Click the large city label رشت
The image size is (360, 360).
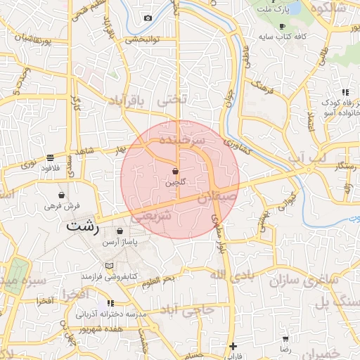[82, 227]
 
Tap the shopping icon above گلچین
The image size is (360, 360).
[175, 171]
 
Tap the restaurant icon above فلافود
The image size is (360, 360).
[50, 157]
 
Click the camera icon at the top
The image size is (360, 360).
[148, 18]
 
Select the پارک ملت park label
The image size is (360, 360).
[276, 11]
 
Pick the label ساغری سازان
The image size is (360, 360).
[302, 281]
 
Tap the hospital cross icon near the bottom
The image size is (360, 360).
[233, 346]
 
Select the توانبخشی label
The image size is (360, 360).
[144, 39]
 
